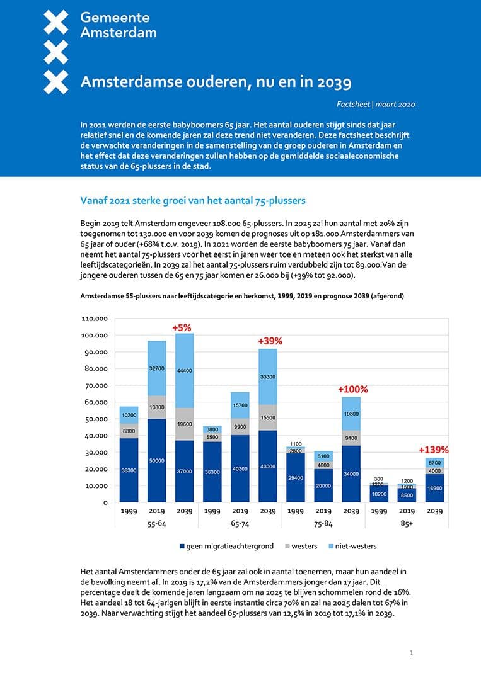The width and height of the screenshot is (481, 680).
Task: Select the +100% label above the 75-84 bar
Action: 352,389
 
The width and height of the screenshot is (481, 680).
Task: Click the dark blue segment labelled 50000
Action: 157,461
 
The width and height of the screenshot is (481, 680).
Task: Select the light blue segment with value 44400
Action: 185,371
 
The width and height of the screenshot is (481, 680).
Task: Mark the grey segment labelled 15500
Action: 269,417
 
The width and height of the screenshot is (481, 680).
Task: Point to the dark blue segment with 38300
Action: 129,470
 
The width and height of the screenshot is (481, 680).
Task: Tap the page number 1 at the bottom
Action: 411,653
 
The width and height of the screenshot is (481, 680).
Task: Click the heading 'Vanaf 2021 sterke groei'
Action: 193,201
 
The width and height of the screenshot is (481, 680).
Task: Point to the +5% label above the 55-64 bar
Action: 182,327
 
